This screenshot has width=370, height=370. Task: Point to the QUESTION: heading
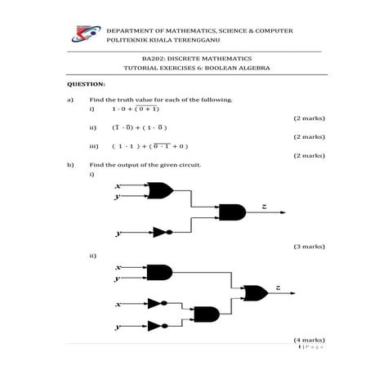pos(85,84)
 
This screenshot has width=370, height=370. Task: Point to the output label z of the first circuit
pos(264,207)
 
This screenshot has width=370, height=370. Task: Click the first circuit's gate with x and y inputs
pos(160,192)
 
